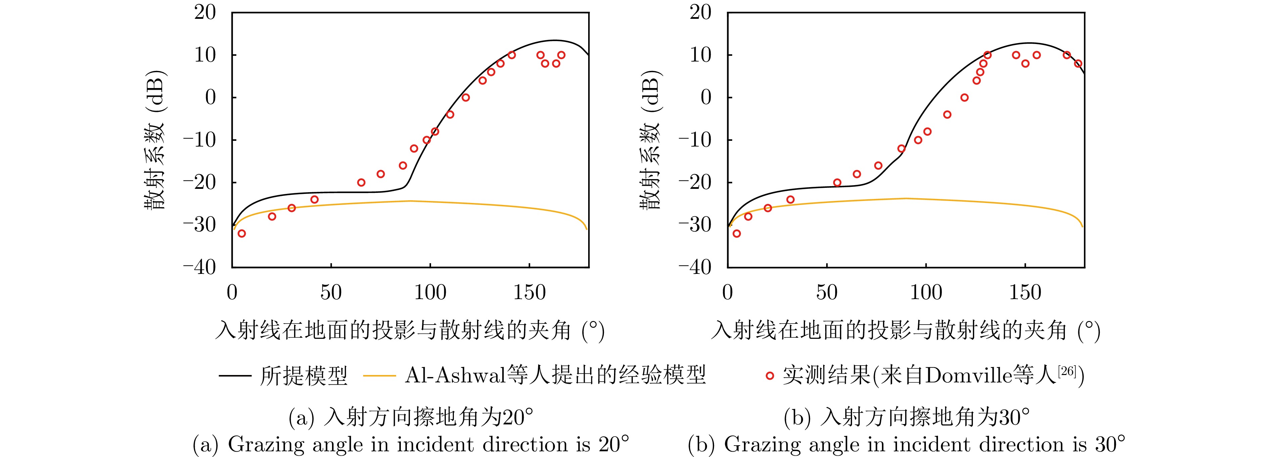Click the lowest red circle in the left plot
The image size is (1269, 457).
point(241,233)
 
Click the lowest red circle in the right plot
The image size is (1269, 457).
point(737,233)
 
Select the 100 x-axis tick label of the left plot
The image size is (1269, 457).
point(430,293)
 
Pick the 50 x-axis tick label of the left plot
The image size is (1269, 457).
point(331,293)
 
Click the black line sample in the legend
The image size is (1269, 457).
point(235,376)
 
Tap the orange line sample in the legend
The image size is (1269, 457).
point(379,376)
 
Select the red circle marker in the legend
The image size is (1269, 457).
point(769,376)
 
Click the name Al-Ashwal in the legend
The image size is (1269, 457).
point(456,376)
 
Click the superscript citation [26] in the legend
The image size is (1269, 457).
point(1067,370)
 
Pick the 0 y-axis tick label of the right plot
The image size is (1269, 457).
point(706,97)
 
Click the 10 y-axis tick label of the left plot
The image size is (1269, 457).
point(205,55)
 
